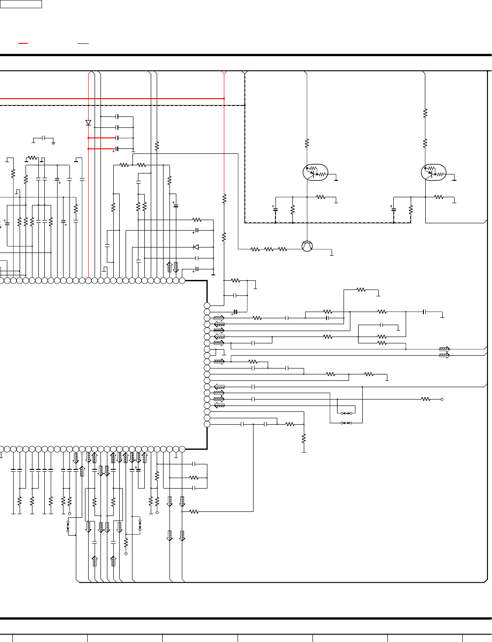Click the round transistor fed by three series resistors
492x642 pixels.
pos(307,246)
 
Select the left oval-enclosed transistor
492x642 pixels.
pos(315,173)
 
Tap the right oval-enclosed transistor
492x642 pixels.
pos(434,173)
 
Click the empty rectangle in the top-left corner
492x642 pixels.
pos(21,4)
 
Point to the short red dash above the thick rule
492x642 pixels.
pos(23,43)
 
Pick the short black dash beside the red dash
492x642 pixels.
pos(83,43)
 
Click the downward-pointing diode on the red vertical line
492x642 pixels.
pos(88,123)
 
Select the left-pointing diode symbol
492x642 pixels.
pos(196,247)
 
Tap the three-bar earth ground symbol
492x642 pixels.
pos(53,143)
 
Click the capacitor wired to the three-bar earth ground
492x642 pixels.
pos(43,137)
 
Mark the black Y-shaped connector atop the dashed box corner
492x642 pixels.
pos(245,73)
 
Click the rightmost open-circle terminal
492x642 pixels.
pos(442,399)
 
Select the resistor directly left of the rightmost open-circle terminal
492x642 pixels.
pos(426,399)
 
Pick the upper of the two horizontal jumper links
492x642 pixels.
pos(346,413)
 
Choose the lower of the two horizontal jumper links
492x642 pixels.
pos(346,423)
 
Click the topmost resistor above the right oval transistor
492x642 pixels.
pos(425,113)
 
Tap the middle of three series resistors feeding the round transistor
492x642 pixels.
pos(269,249)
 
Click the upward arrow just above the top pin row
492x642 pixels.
pos(169,267)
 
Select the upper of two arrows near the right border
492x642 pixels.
pos(444,349)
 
